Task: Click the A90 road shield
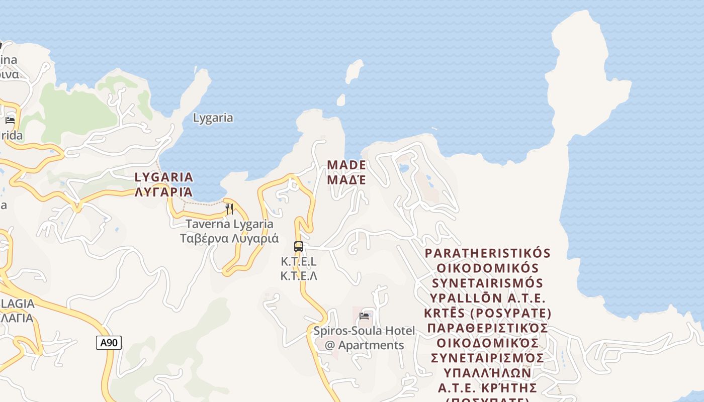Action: [109, 343]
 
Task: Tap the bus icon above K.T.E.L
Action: [299, 247]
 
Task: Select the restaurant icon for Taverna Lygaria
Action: [229, 209]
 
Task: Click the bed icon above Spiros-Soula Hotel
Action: [364, 316]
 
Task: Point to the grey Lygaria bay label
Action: [213, 118]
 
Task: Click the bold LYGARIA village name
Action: [164, 177]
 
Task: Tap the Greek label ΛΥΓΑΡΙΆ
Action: [164, 191]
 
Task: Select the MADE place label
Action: [346, 165]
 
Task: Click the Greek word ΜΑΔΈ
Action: [346, 179]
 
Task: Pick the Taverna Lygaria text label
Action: [229, 224]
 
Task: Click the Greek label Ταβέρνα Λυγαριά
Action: [229, 238]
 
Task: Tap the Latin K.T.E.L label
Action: [299, 262]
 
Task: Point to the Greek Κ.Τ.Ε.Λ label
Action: [299, 276]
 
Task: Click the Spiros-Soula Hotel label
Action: [364, 331]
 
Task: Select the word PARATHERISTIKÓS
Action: [488, 253]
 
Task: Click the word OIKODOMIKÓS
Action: [488, 268]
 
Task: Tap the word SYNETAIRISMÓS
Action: [488, 283]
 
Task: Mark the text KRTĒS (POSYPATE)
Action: [488, 314]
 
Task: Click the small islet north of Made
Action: [355, 71]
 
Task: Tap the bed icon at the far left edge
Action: [10, 120]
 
